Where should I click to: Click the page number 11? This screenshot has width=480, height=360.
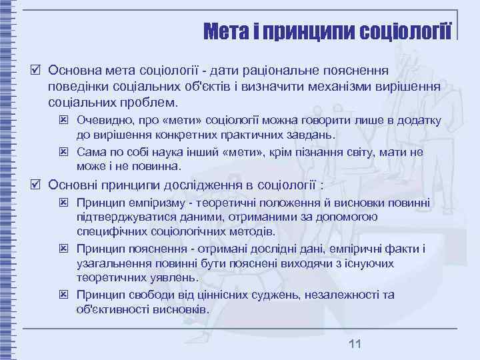pos(355,343)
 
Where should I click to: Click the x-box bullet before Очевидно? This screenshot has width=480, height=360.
pos(63,121)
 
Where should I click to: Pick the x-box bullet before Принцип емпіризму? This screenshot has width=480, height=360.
pos(63,202)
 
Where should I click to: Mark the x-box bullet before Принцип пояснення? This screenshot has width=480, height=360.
pos(63,249)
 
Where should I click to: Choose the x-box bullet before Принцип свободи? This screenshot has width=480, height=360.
pos(63,295)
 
